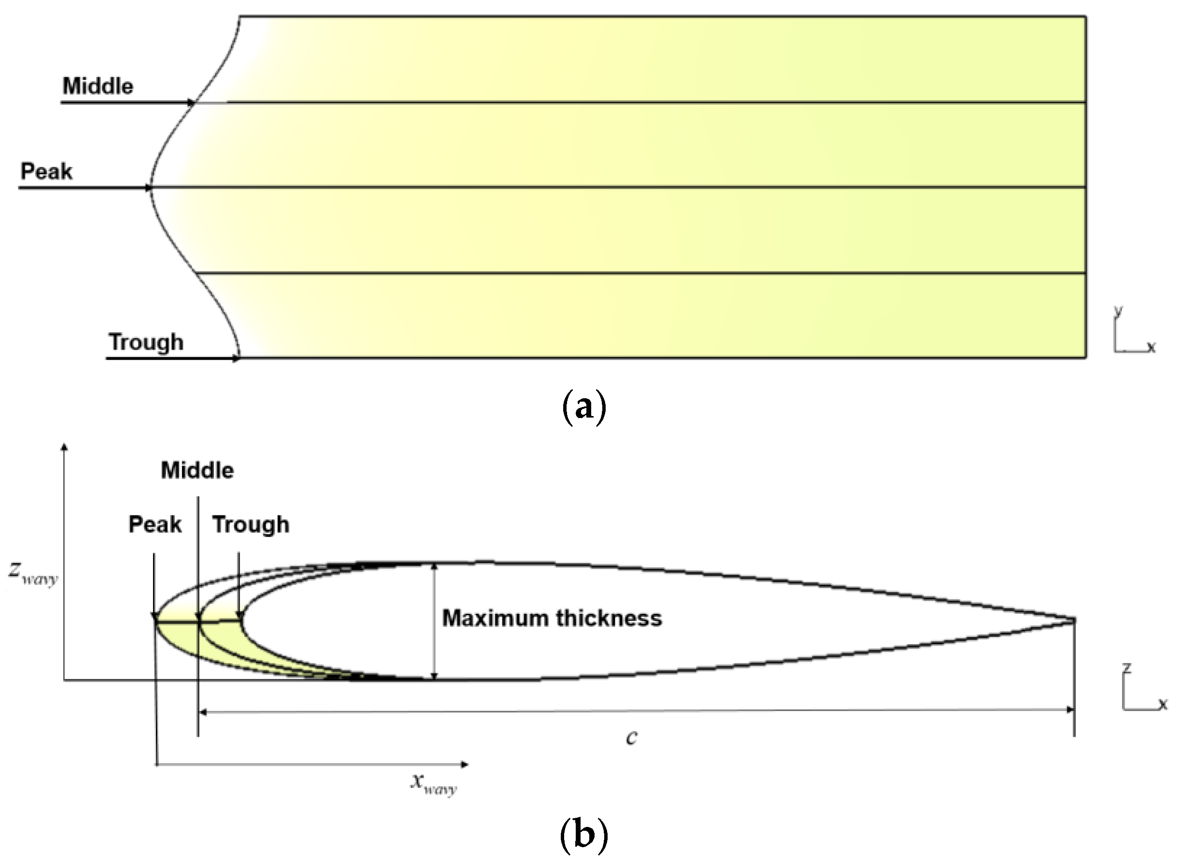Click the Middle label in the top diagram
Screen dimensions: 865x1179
(x=98, y=86)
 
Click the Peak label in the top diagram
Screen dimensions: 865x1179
(x=46, y=172)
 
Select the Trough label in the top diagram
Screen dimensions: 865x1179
(x=146, y=342)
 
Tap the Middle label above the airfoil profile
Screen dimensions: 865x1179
(x=197, y=471)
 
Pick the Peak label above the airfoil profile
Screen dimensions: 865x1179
(x=155, y=525)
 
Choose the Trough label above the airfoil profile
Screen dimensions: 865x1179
(x=250, y=525)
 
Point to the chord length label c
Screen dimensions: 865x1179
(x=632, y=737)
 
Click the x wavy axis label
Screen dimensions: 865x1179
(x=433, y=784)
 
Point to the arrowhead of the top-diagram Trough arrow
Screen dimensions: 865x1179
(x=236, y=359)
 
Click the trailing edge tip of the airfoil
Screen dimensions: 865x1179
(x=1074, y=621)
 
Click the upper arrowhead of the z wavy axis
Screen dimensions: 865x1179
(x=65, y=446)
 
